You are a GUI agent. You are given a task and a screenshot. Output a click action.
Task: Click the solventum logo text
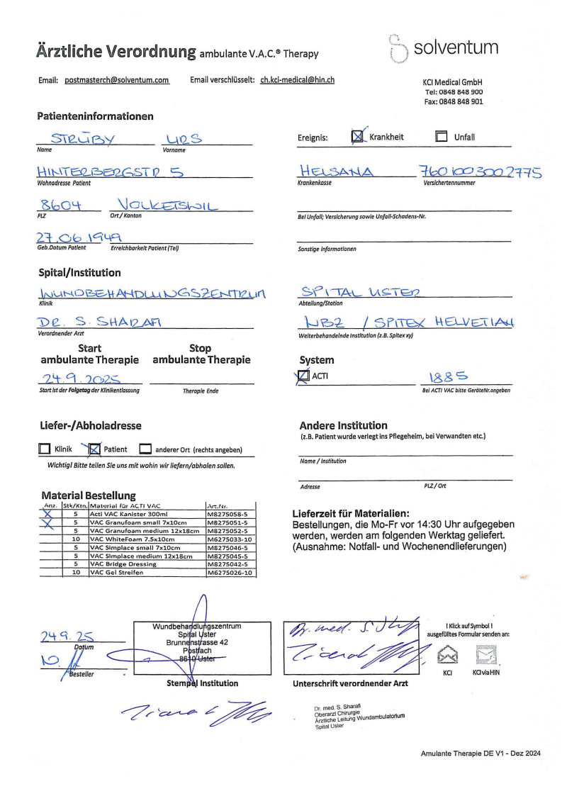coord(455,48)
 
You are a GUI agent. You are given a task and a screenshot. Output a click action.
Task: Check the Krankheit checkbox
coord(359,137)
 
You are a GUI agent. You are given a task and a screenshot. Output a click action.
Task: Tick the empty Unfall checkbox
coord(441,138)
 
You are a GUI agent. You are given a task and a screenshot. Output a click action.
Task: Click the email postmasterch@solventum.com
coord(117,81)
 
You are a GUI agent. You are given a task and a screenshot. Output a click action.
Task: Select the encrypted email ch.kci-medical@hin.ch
coord(298,81)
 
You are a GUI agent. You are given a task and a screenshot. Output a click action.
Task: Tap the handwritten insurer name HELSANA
coord(336,172)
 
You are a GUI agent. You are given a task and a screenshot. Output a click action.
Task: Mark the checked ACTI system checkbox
coord(304,376)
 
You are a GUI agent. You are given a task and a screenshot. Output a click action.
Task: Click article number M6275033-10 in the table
coord(230,539)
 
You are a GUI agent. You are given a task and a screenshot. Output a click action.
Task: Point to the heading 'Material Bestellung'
coord(89,495)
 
